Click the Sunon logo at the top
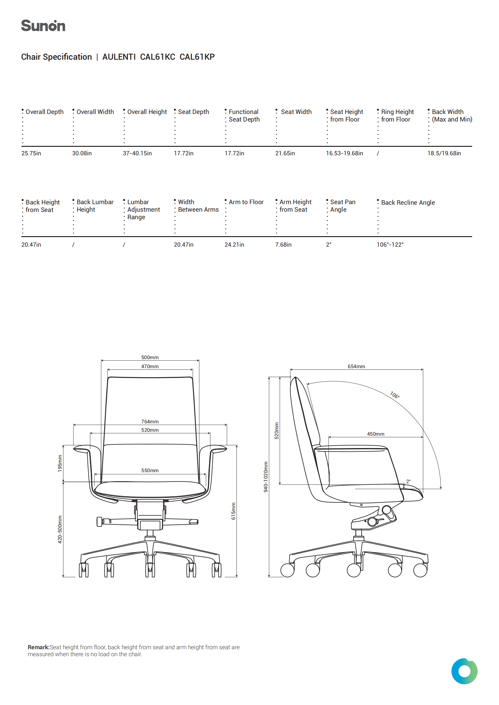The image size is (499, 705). click(43, 26)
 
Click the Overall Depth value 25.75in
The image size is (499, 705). click(31, 153)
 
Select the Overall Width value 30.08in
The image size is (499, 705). click(82, 153)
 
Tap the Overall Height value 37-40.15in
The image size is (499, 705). click(137, 153)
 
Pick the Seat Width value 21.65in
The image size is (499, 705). click(285, 153)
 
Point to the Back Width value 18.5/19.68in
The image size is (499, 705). click(444, 153)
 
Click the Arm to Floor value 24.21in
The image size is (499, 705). click(234, 245)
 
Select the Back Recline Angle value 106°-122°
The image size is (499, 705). click(390, 245)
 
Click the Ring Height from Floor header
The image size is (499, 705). click(397, 115)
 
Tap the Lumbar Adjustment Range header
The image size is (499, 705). click(144, 209)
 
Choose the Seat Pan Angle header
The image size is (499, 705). click(343, 206)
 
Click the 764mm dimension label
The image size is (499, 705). click(150, 422)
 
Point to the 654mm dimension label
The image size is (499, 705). click(356, 366)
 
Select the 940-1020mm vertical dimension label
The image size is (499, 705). click(266, 477)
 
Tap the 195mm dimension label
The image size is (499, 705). click(60, 463)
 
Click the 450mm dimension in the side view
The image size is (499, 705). click(376, 434)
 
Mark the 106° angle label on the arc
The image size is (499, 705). click(395, 395)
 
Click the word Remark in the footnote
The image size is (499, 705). click(38, 647)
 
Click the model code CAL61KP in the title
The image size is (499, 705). click(197, 57)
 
